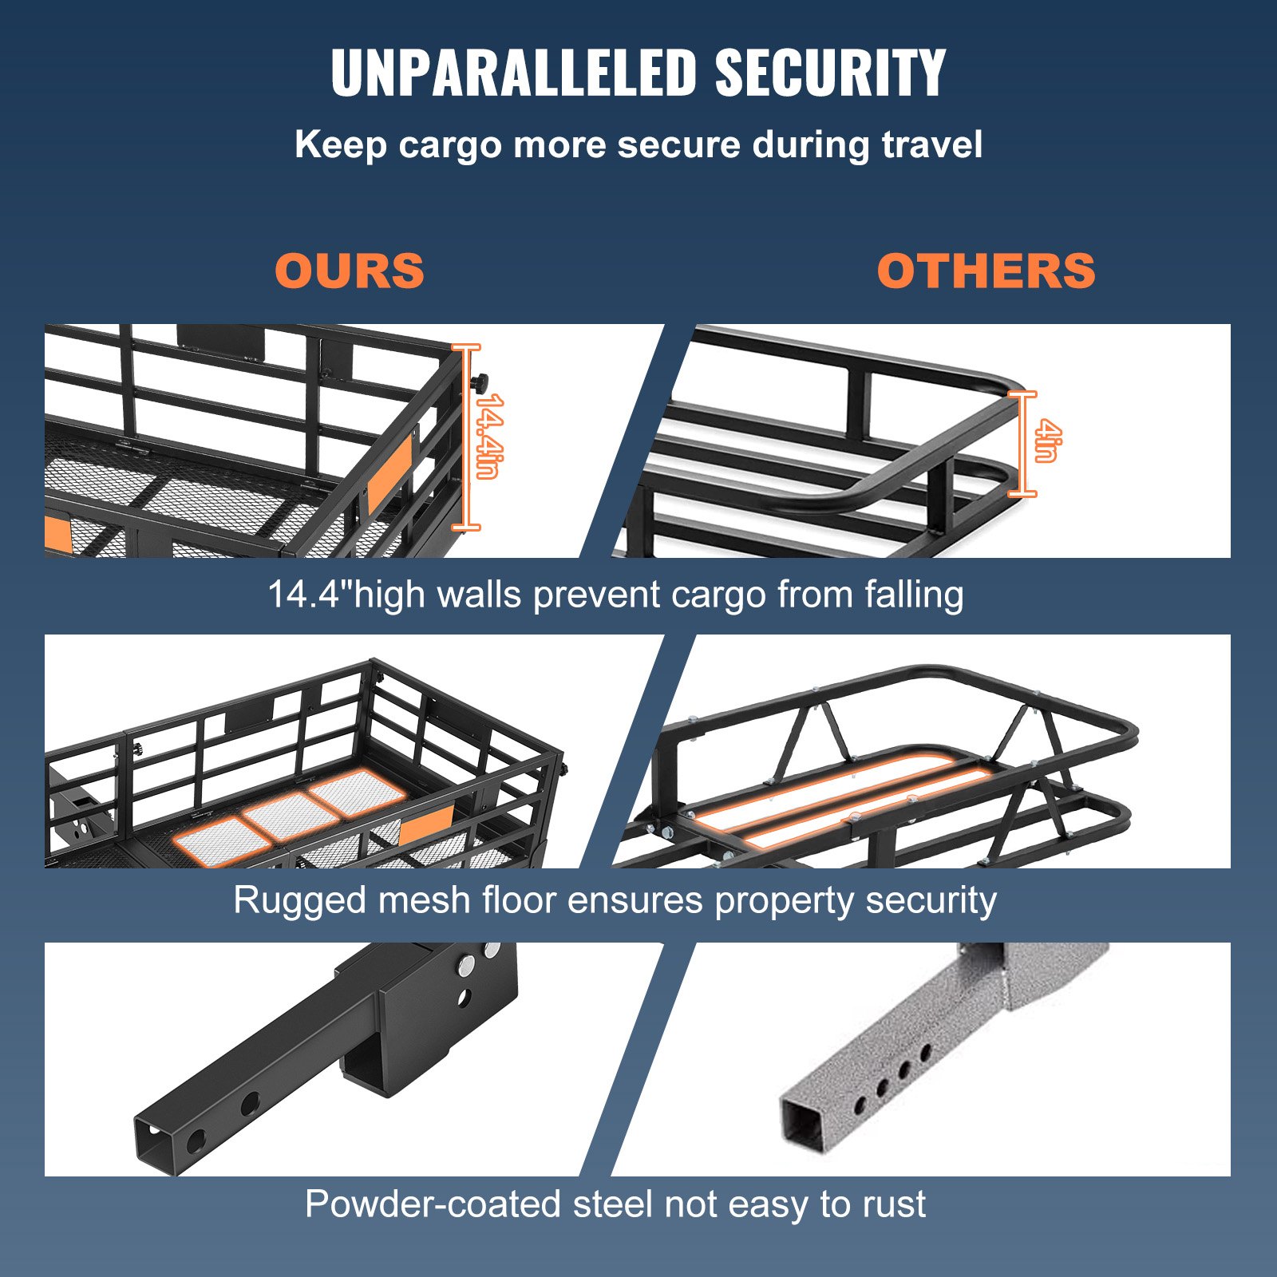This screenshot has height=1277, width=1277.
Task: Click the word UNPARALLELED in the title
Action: [514, 73]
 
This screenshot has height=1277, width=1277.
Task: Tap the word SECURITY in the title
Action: [830, 73]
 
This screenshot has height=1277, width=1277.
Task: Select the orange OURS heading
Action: [350, 271]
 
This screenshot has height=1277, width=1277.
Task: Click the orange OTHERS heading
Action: [986, 271]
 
